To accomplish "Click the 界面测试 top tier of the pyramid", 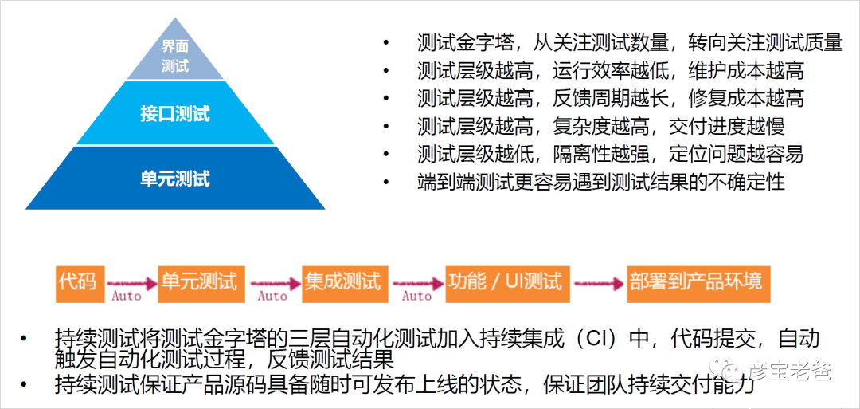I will [x=175, y=56].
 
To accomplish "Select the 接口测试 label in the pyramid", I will [x=175, y=113].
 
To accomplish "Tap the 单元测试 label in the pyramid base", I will [x=175, y=178].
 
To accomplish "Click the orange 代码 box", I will [x=77, y=281].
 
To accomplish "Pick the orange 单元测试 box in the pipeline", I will [x=199, y=281].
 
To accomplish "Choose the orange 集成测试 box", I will [x=342, y=281].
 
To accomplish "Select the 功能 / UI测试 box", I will [x=505, y=281].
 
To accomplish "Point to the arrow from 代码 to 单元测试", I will [x=128, y=281].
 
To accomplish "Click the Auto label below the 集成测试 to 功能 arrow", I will [x=416, y=296].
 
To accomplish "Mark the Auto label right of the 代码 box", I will [x=126, y=296].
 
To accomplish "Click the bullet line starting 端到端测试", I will [x=600, y=182].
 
